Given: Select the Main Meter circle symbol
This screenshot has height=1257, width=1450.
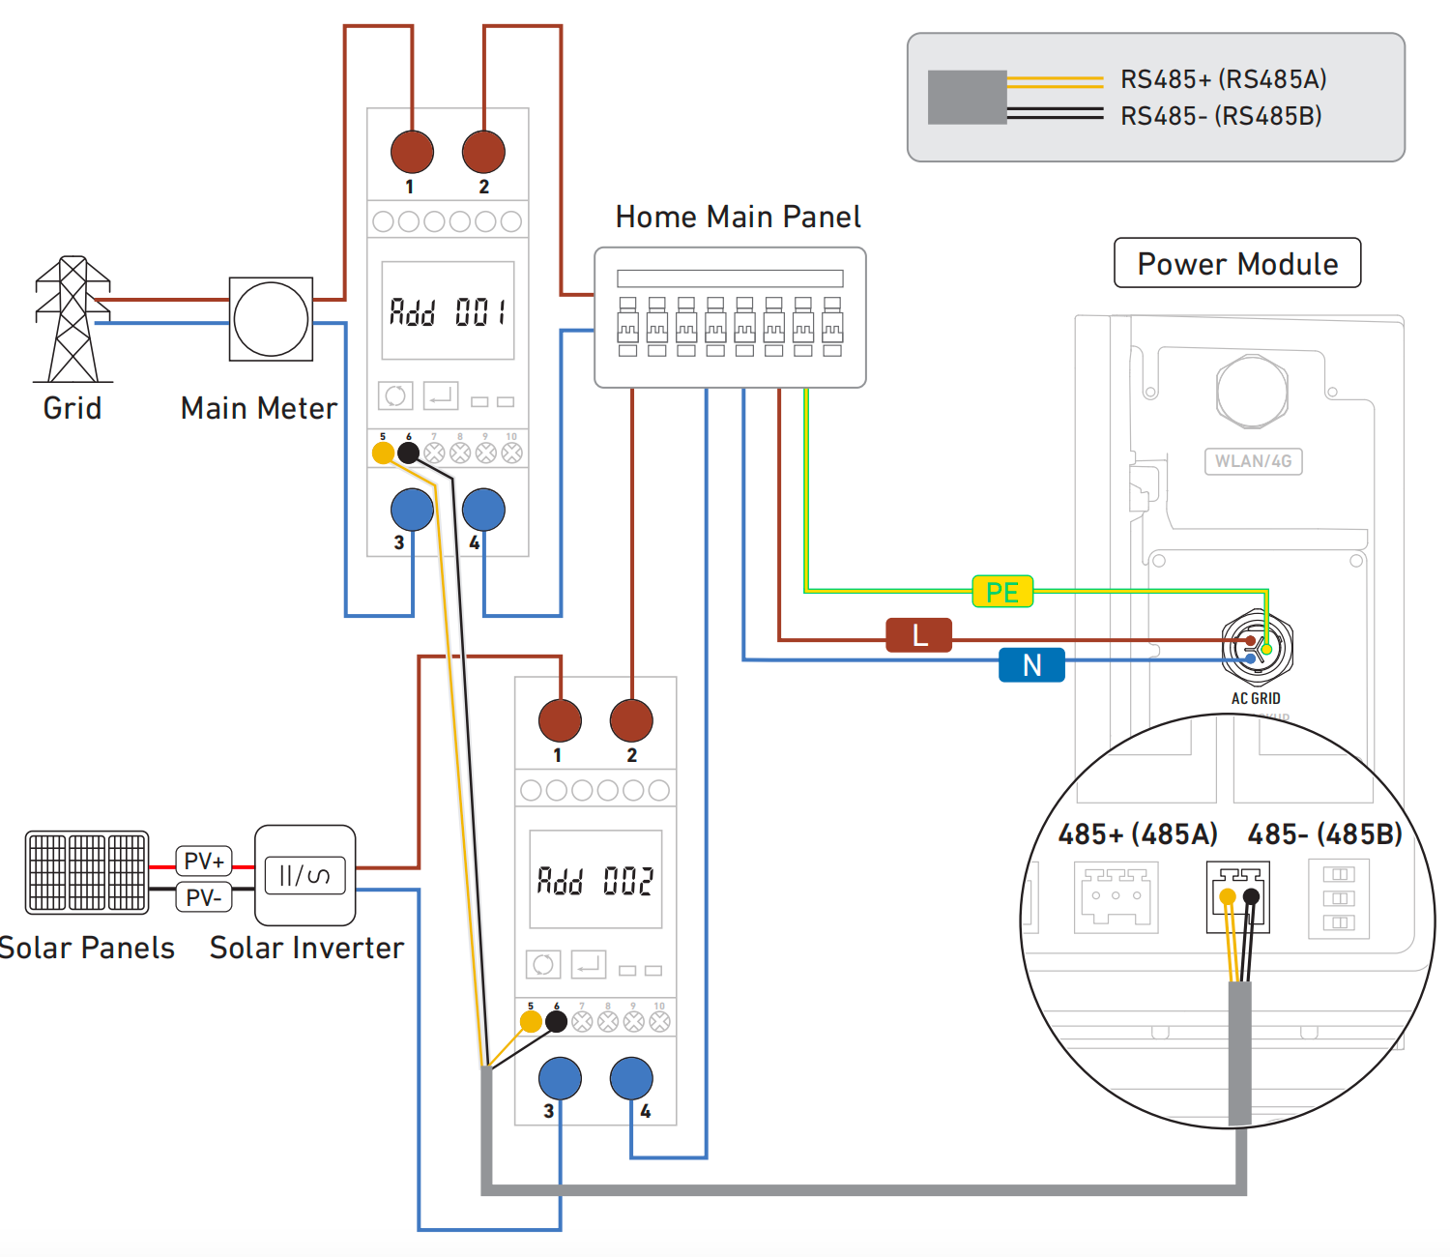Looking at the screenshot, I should (271, 319).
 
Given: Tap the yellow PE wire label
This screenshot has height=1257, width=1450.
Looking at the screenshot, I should (1002, 592).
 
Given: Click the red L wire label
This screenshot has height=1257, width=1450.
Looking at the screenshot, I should (919, 635).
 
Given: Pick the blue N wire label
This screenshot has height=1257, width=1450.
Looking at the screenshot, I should (1031, 665).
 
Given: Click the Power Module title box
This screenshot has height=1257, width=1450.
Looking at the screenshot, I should (1237, 263).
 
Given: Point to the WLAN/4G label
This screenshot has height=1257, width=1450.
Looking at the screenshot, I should (1253, 461).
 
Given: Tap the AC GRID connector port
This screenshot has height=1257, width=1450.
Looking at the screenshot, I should (1257, 648).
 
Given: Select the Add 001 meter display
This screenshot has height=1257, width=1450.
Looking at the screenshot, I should (448, 310).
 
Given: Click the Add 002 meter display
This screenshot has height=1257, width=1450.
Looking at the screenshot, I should (595, 879).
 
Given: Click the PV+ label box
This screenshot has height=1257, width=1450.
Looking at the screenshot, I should (204, 861).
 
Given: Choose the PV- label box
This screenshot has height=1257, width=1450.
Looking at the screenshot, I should (204, 897).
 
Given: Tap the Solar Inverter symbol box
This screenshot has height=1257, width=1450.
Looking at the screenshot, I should (304, 875).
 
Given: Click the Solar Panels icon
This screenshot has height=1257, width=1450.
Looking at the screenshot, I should (87, 872).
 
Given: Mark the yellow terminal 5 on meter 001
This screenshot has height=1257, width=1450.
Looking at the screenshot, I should (383, 453).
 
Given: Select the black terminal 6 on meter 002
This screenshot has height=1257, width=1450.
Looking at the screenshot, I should (557, 1021).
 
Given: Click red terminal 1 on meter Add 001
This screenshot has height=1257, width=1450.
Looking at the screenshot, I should (412, 152).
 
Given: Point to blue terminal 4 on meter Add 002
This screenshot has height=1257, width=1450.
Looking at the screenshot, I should (631, 1078).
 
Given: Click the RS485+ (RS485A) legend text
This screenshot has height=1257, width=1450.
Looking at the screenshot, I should (1223, 79).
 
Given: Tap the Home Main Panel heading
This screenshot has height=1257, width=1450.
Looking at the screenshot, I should (738, 217).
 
